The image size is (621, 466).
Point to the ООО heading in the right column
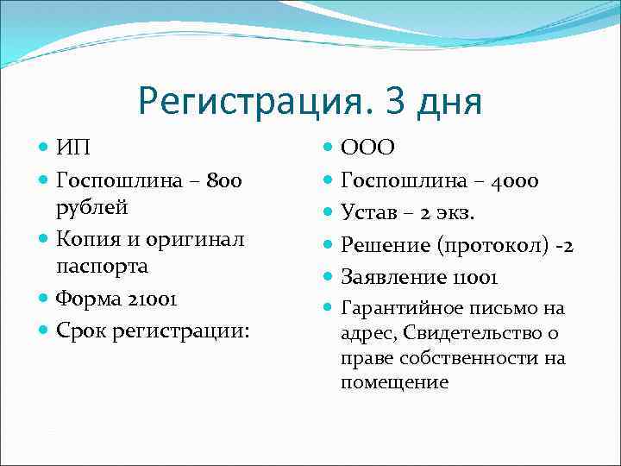tap(368, 148)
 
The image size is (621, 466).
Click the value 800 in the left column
tap(223, 180)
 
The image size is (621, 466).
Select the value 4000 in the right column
tap(516, 180)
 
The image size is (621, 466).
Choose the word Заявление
tap(391, 278)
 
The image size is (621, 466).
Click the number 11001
tap(472, 278)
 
